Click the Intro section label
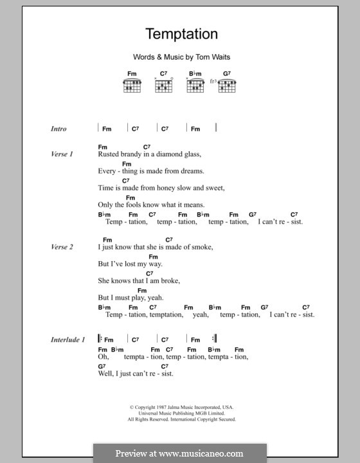pos(59,129)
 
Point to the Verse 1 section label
pos(62,154)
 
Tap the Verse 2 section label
pos(62,247)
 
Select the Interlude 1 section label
pos(67,340)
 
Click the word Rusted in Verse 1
pos(109,154)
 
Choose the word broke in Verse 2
pos(170,280)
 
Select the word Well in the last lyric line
pos(105,374)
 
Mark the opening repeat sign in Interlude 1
pos(100,340)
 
